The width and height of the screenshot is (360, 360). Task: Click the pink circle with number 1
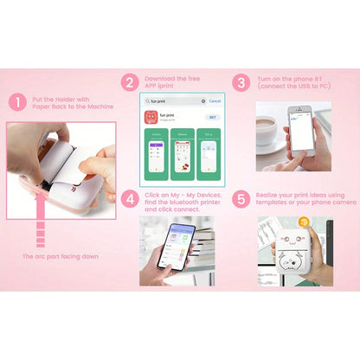(17, 102)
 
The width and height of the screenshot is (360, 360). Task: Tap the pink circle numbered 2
(130, 83)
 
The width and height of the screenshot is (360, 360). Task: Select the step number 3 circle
(242, 83)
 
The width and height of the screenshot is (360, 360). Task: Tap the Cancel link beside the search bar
(215, 101)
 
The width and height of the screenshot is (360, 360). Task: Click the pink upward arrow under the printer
(39, 232)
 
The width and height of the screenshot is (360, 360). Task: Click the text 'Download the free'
(173, 78)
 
